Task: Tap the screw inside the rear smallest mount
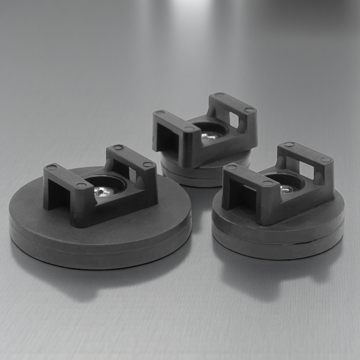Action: tap(208, 135)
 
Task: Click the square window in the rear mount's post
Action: tap(234, 119)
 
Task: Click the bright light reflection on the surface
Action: tap(189, 9)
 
